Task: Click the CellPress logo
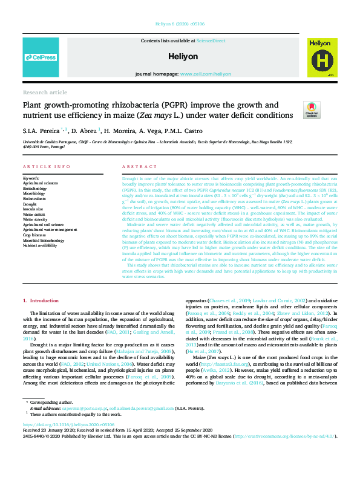point(40,57)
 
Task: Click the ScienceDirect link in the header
point(211,40)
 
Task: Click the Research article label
point(45,92)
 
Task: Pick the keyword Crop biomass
point(35,235)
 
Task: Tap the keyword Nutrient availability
point(41,246)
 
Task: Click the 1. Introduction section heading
point(41,300)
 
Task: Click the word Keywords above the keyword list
point(31,178)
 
